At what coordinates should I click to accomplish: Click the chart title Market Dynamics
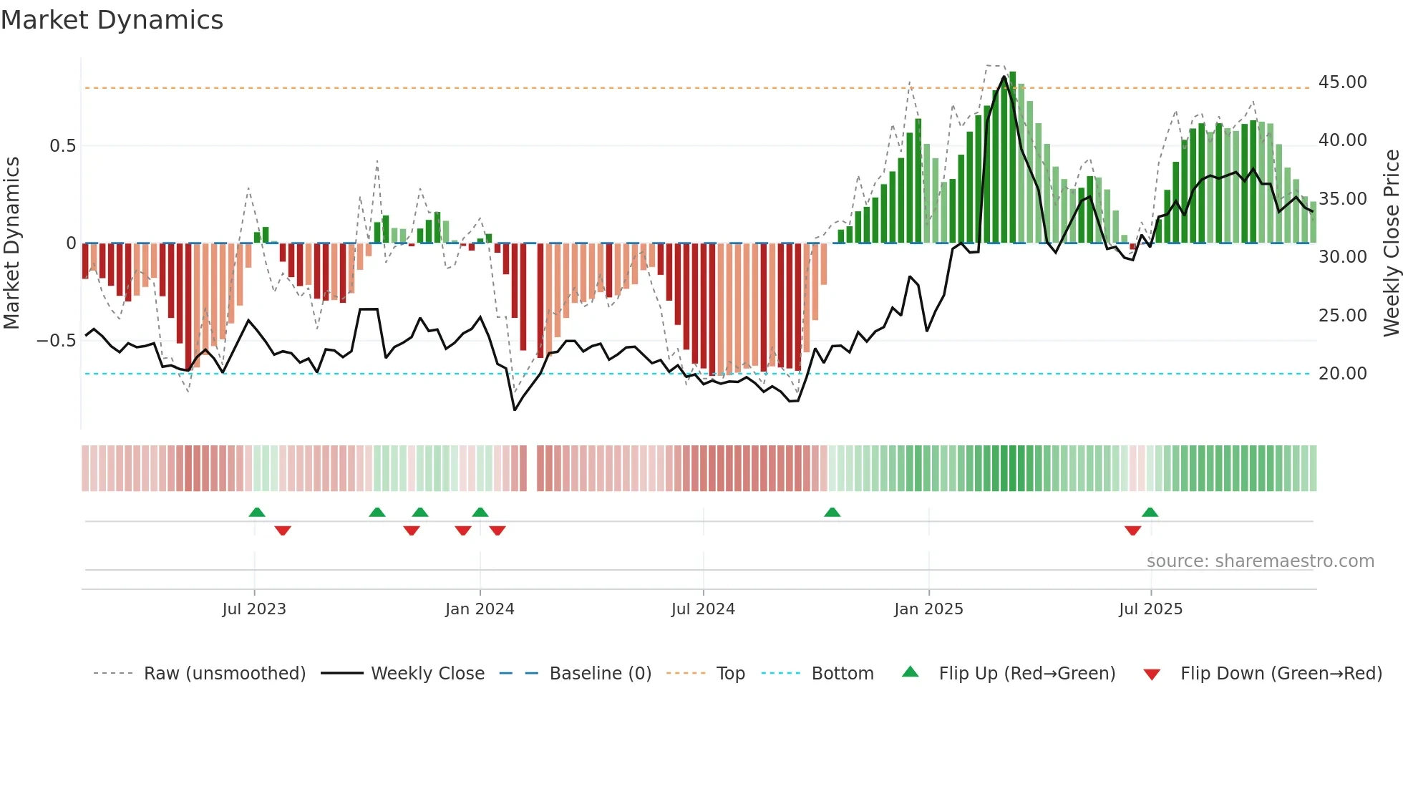(x=112, y=20)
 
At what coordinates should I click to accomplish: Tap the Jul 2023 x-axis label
(x=254, y=609)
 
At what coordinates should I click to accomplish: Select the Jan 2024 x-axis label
(x=480, y=609)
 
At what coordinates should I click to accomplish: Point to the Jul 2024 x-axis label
(x=703, y=609)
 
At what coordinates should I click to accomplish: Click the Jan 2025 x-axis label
(x=928, y=609)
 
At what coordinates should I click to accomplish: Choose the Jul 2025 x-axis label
(x=1151, y=609)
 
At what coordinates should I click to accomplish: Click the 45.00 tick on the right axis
(x=1342, y=82)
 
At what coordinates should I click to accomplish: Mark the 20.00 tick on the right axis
(x=1342, y=374)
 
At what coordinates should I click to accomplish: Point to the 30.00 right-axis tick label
(x=1342, y=257)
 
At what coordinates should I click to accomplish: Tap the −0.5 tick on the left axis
(x=57, y=341)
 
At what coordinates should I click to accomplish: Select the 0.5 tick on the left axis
(x=62, y=146)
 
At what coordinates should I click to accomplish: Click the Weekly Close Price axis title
(x=1391, y=243)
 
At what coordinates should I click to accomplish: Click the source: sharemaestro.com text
(x=1260, y=561)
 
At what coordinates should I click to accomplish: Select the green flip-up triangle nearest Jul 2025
(x=1150, y=513)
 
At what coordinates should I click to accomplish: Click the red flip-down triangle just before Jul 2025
(x=1132, y=531)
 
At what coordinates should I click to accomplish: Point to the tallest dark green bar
(x=1012, y=158)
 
